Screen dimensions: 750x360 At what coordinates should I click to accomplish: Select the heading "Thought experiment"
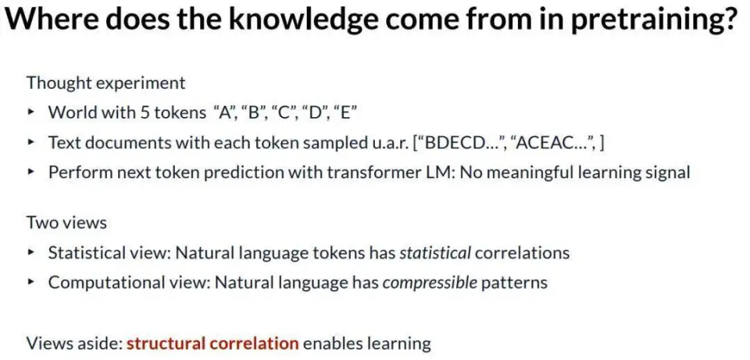coord(105,83)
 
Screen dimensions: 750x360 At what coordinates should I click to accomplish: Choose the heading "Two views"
coord(66,223)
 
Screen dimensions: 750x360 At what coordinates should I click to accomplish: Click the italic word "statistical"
coord(435,252)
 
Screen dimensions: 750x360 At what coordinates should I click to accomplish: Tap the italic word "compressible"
coord(430,282)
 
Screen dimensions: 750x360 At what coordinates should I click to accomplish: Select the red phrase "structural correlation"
coord(212,343)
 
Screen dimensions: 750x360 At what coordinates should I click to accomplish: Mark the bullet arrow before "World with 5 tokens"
coord(31,112)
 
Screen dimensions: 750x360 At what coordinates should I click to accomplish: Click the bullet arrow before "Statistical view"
coord(31,252)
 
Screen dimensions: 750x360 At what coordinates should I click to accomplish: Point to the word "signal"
coord(666,172)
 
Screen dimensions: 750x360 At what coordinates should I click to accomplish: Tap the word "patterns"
coord(514,282)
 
